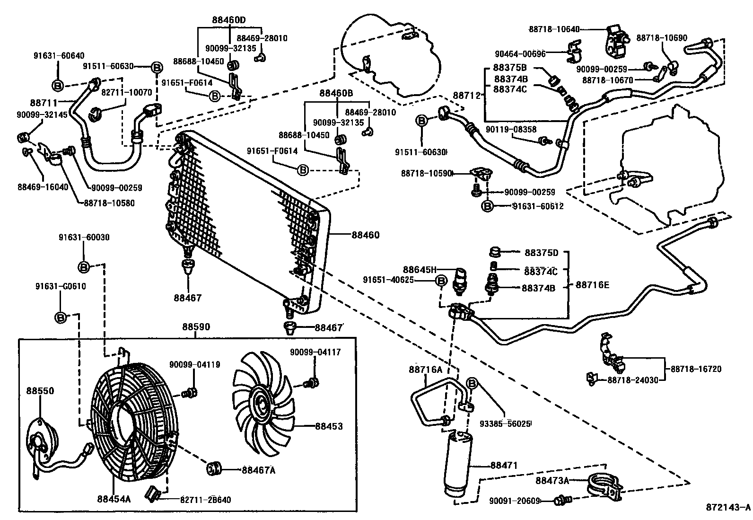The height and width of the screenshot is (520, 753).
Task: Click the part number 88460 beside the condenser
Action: tap(365, 235)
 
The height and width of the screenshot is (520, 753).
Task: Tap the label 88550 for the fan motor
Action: tap(40, 391)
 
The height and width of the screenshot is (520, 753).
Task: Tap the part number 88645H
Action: tap(419, 269)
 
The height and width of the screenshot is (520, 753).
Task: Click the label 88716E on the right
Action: tap(593, 285)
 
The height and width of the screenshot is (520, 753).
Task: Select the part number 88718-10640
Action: tap(554, 29)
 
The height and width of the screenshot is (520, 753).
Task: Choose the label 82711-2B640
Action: tap(205, 500)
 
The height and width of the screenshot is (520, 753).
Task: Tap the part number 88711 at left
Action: tap(44, 102)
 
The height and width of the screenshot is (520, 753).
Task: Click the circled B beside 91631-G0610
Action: tap(61, 317)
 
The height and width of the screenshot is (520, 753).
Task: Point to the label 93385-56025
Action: tap(507, 423)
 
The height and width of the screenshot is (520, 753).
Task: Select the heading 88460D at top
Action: tap(229, 20)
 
